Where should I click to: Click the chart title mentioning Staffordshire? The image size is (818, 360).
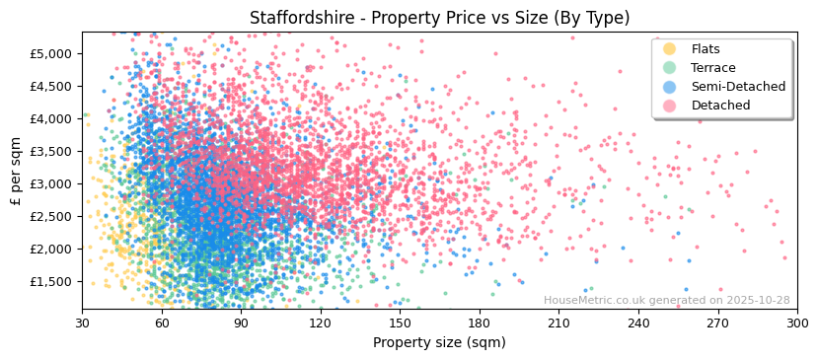tap(439, 18)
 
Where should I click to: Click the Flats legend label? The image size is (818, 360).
tap(706, 49)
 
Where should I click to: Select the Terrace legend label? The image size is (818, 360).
tap(712, 68)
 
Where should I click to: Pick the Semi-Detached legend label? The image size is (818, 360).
tap(738, 87)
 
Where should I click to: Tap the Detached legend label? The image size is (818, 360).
tap(720, 106)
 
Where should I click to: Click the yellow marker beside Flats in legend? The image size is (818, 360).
tap(670, 49)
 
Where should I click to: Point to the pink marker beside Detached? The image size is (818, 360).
tap(670, 106)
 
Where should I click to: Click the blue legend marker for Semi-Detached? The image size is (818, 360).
tap(670, 87)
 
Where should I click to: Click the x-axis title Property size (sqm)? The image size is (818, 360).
tap(439, 343)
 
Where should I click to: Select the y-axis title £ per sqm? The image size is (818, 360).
tap(16, 171)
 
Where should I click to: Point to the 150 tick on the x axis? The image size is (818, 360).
tap(400, 323)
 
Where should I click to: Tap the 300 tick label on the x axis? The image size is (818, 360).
tap(797, 323)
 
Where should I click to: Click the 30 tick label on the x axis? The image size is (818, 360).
tap(82, 323)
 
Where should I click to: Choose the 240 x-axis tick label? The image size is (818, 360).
tap(638, 323)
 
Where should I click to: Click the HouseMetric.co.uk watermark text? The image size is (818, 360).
tap(666, 301)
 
